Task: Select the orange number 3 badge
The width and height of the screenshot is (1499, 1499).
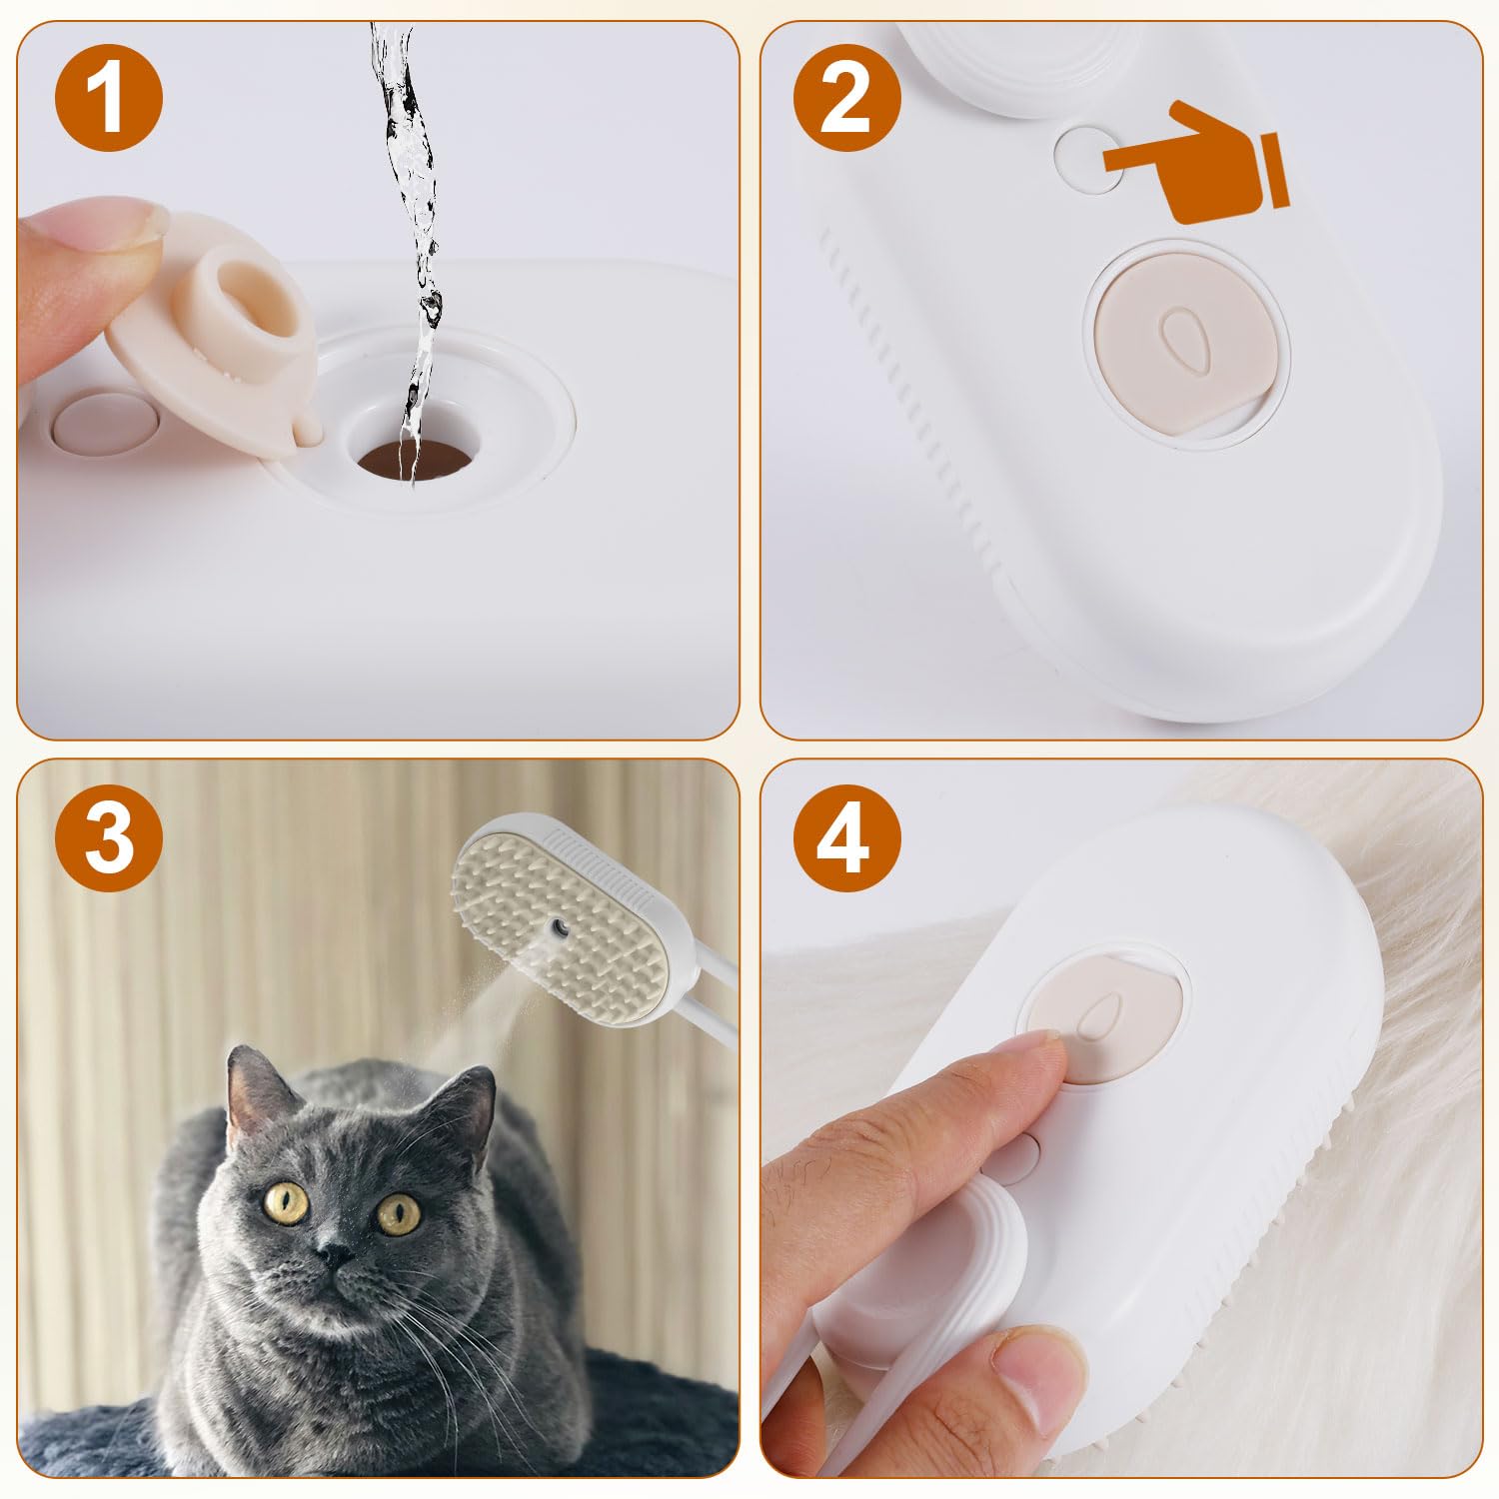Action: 109,837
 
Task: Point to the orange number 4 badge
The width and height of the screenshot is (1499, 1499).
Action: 846,837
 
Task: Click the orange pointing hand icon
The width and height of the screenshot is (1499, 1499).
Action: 1194,162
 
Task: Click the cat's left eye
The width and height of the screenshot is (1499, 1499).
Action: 289,1198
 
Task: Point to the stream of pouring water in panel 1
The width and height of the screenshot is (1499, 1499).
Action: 410,200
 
